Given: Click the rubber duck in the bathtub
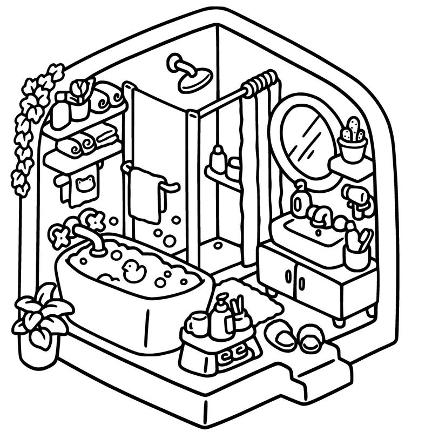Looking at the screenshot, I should coord(133,270).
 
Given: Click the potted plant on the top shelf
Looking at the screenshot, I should coord(80,100).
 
